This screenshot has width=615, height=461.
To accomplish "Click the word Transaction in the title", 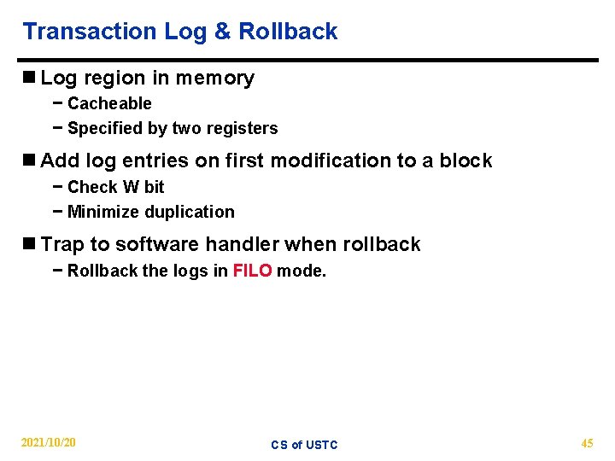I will click(x=90, y=32).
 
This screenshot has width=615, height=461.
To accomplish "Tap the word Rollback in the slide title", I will click(x=288, y=32).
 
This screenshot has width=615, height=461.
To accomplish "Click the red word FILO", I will click(x=252, y=271).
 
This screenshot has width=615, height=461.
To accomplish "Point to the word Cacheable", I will click(x=109, y=103).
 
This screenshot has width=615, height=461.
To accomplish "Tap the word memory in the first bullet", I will click(x=215, y=79).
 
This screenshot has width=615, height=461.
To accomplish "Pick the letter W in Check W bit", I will click(x=131, y=186).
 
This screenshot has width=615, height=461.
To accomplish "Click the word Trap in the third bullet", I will click(x=63, y=244).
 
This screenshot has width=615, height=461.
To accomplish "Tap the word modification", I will click(x=314, y=160).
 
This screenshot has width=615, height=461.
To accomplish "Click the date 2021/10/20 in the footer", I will click(x=48, y=443).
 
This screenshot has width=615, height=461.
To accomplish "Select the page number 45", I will click(x=587, y=443).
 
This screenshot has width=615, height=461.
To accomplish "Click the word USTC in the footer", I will click(x=321, y=445).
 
